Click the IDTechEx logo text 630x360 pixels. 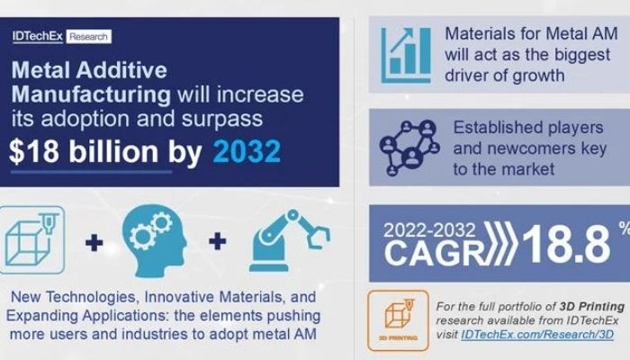pyautogui.click(x=38, y=37)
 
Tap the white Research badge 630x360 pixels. pyautogui.click(x=88, y=37)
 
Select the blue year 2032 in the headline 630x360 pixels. pyautogui.click(x=247, y=151)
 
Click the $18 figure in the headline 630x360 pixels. pyautogui.click(x=34, y=151)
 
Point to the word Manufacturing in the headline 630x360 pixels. pyautogui.click(x=91, y=94)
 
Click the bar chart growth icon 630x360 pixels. pyautogui.click(x=405, y=55)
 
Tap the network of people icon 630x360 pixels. pyautogui.click(x=409, y=148)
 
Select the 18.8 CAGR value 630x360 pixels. pyautogui.click(x=566, y=245)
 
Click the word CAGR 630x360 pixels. pyautogui.click(x=435, y=253)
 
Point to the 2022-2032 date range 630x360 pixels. pyautogui.click(x=429, y=230)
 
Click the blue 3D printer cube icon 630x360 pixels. pyautogui.click(x=31, y=240)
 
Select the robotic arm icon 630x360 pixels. pyautogui.click(x=289, y=240)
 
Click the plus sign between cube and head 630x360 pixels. pyautogui.click(x=94, y=243)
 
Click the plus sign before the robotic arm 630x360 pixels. pyautogui.click(x=218, y=241)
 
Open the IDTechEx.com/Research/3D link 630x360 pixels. pyautogui.click(x=537, y=335)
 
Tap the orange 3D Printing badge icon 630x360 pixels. pyautogui.click(x=398, y=320)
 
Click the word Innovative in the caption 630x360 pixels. pyautogui.click(x=179, y=297)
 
